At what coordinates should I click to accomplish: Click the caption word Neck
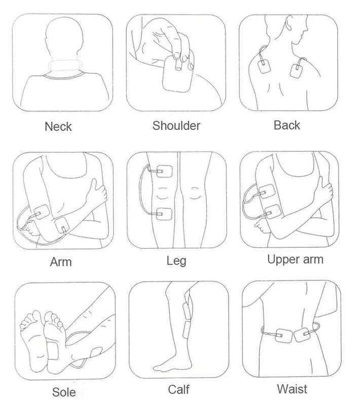(58, 126)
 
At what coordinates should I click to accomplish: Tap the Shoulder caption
(176, 125)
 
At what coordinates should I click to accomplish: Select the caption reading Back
(287, 125)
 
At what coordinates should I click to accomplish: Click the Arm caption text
(61, 262)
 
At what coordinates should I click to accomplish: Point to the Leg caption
(176, 261)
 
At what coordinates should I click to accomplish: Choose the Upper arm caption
(295, 260)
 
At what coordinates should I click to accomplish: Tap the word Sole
(64, 392)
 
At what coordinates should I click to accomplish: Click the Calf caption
(178, 389)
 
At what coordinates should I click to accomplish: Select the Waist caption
(292, 389)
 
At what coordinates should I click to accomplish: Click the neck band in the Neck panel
(65, 65)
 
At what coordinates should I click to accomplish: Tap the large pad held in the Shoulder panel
(177, 74)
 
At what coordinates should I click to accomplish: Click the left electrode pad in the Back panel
(264, 66)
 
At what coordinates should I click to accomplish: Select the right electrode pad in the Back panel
(297, 71)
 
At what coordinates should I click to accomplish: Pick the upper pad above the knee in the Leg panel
(164, 171)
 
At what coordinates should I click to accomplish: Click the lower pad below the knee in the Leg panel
(164, 214)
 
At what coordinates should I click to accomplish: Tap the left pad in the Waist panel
(284, 335)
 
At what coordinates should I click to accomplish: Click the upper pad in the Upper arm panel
(267, 191)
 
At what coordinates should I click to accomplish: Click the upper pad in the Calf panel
(187, 311)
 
